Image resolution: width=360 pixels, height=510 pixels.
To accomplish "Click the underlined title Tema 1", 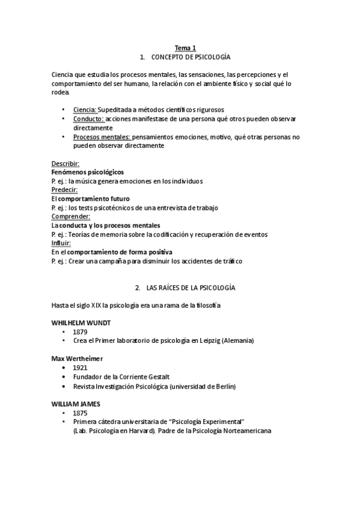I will click(x=185, y=48).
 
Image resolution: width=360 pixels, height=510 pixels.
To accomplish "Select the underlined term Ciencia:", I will click(x=84, y=110).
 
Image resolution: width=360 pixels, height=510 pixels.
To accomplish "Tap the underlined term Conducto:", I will click(x=88, y=119).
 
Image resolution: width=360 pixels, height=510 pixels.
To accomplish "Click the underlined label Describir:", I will click(x=65, y=164).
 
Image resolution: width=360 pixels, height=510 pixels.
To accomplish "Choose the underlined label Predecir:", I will click(x=64, y=190).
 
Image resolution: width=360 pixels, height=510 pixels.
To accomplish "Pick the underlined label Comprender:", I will click(x=70, y=217).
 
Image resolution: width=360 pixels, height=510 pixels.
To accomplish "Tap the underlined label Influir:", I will click(x=61, y=243).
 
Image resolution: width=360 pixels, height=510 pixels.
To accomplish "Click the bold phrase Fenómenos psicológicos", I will click(x=88, y=172).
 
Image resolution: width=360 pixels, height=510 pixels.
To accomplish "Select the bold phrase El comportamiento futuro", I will click(x=90, y=198).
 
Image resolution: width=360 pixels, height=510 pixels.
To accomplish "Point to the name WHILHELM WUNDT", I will click(x=81, y=323).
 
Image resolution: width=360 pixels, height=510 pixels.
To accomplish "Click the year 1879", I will click(x=81, y=332).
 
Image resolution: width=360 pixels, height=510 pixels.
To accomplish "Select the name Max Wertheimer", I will click(x=77, y=358).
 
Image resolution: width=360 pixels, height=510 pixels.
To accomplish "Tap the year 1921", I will click(x=81, y=367).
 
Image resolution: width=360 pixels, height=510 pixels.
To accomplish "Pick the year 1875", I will click(x=81, y=413).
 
